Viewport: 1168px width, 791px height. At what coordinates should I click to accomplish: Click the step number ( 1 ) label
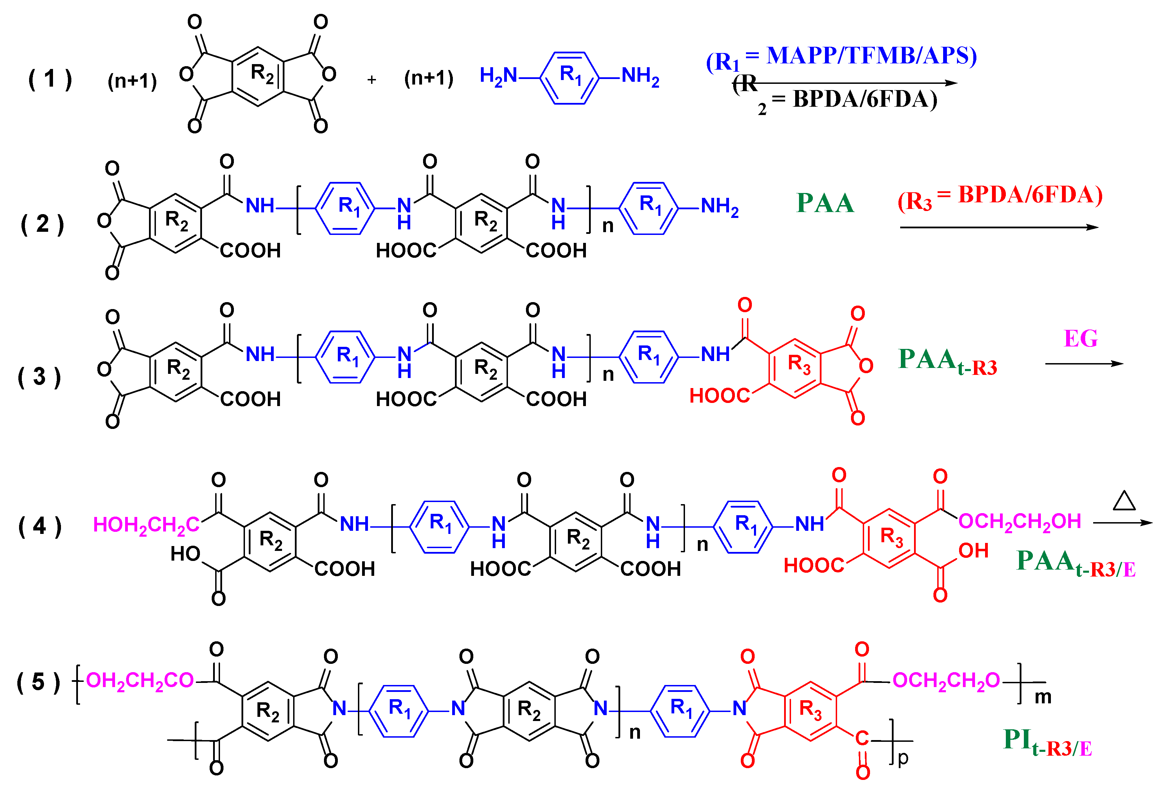[50, 79]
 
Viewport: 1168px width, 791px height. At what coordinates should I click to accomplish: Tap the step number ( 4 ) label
[40, 526]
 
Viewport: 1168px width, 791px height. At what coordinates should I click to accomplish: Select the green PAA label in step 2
[825, 203]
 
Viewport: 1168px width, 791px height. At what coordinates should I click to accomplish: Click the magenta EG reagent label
[1081, 338]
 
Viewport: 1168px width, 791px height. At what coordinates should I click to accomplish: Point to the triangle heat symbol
[1124, 501]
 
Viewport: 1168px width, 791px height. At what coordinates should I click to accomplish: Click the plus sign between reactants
[371, 79]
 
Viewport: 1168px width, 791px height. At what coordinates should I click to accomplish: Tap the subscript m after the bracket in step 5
[1043, 697]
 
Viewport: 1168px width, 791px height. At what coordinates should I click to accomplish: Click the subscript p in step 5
[903, 758]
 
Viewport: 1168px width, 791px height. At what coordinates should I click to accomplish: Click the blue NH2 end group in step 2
[720, 206]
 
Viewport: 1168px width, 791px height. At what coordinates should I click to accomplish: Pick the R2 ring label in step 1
[262, 74]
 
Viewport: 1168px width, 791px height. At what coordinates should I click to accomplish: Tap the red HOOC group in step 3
[720, 396]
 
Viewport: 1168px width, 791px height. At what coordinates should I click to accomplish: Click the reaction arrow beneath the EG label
[1084, 363]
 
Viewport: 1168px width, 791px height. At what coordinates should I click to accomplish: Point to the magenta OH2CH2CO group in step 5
[140, 680]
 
